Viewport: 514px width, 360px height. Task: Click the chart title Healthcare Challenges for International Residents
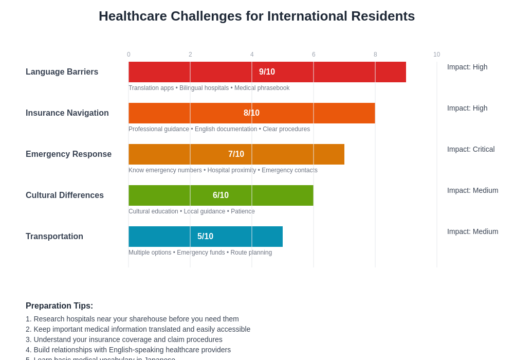point(256,16)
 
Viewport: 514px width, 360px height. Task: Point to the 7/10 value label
point(236,154)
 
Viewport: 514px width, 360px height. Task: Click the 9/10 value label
point(267,72)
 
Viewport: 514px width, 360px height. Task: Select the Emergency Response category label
point(68,154)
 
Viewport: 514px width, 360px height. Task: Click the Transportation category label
point(54,237)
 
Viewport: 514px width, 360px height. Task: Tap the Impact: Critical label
point(471,149)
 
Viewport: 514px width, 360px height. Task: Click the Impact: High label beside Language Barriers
point(467,67)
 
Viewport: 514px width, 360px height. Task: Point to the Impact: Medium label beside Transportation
point(472,231)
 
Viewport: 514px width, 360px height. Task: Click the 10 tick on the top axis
point(436,55)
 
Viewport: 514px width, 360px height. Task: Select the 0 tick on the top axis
point(128,55)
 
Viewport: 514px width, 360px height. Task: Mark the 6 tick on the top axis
point(314,55)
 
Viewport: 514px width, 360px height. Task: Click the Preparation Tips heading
point(59,306)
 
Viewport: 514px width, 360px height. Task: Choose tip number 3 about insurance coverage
point(124,339)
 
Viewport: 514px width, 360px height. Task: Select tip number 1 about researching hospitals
point(132,319)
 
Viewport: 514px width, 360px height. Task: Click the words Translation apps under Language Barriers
point(151,88)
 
